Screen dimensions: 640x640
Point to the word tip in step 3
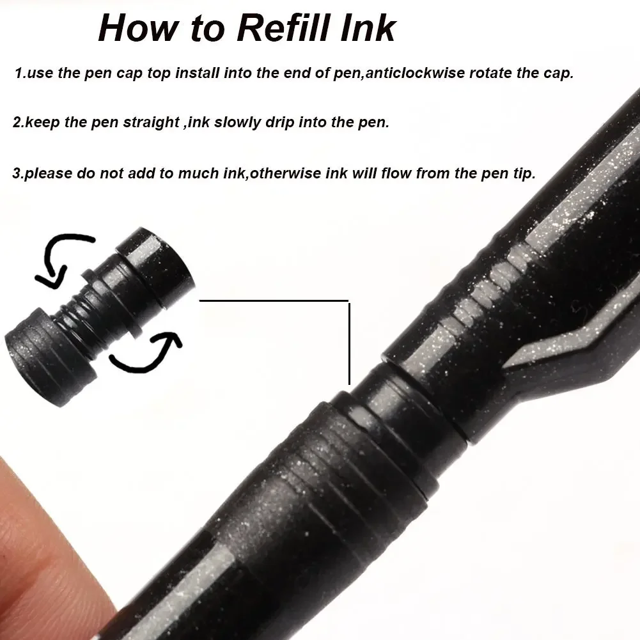point(524,174)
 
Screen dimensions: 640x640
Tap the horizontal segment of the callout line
point(275,300)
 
